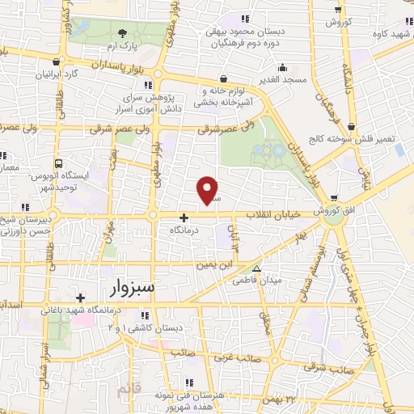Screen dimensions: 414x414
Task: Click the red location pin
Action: [x=209, y=189]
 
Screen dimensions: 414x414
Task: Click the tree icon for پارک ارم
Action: [x=122, y=33]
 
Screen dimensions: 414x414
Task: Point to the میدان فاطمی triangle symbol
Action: [x=257, y=270]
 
